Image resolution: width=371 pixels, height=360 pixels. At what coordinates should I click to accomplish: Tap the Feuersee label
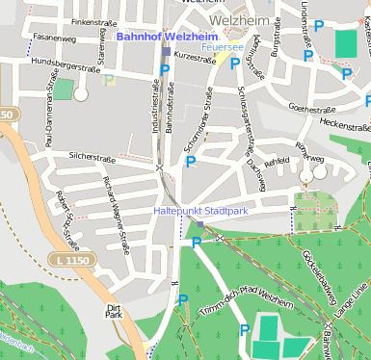219,46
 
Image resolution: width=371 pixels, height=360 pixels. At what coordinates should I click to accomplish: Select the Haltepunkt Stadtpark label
200,210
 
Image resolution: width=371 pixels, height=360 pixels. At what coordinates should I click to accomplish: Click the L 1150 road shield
67,259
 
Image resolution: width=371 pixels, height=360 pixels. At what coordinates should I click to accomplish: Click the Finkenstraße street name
93,21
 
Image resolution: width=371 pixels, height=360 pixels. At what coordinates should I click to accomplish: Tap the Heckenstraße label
344,125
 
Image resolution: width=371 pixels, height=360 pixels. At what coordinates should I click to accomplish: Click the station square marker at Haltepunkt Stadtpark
200,224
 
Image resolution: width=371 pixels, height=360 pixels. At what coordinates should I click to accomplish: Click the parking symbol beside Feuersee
234,63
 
